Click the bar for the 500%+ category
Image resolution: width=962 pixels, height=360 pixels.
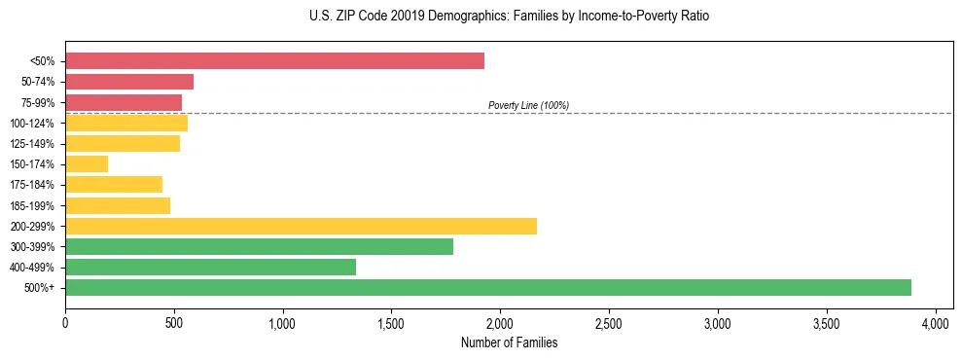pos(487,287)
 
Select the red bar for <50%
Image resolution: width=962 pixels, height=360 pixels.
pos(274,61)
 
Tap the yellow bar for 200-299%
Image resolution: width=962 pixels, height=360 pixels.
pos(301,226)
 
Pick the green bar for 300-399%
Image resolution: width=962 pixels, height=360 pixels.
pos(259,246)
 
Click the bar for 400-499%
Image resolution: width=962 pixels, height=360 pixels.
pos(210,267)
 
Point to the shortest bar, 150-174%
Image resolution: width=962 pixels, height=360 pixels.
pos(87,164)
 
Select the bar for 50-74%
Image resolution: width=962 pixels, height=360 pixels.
pos(129,82)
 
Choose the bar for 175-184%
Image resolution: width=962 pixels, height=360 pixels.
pos(114,185)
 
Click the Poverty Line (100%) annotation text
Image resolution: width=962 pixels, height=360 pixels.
pos(528,105)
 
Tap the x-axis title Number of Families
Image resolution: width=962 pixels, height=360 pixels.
pos(509,342)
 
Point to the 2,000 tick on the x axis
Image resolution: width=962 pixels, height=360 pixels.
pos(500,321)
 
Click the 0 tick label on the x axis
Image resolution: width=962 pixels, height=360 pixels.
pos(65,321)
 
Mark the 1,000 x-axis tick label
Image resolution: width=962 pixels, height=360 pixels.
pos(282,321)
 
